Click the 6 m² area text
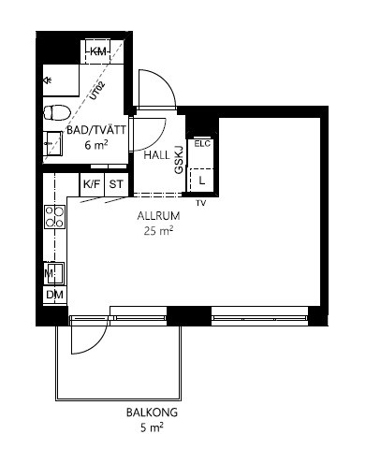(95, 145)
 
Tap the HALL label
(157, 155)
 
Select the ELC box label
(202, 144)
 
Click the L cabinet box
(202, 177)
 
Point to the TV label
(200, 202)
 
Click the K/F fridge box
(92, 184)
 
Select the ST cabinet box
(116, 184)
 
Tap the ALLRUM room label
(158, 214)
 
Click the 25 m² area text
(159, 231)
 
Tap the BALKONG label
(152, 412)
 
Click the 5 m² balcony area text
(152, 428)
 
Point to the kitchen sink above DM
(53, 273)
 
